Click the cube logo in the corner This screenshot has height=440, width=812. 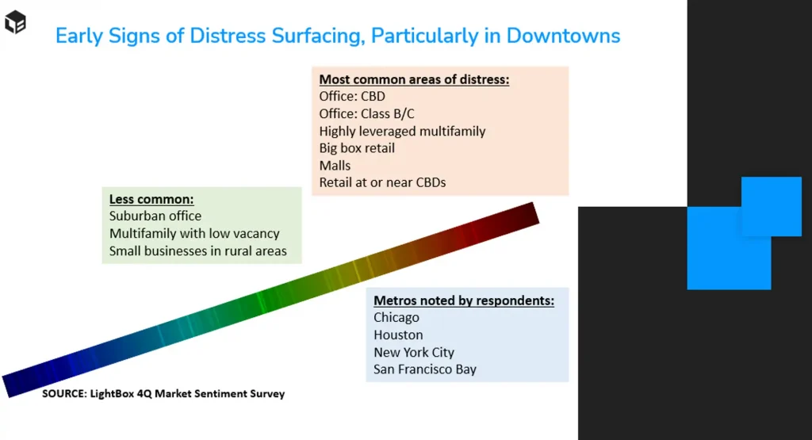15,21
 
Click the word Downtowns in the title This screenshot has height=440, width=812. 563,36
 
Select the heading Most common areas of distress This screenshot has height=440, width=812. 414,79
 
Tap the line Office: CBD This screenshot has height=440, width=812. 352,96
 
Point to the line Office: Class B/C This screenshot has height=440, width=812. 366,113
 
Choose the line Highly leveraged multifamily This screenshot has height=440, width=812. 402,131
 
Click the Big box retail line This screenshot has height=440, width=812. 357,148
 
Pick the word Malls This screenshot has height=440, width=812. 335,165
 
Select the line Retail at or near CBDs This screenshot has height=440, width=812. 382,182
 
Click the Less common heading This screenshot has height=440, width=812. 151,199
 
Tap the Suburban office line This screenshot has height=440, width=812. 155,216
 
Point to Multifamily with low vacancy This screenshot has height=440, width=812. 194,233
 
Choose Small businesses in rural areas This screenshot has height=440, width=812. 197,251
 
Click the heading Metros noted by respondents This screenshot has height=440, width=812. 464,300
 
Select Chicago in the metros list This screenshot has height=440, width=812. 396,317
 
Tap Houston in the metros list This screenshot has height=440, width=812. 398,335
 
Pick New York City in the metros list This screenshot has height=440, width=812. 414,353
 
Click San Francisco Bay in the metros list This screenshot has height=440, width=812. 425,369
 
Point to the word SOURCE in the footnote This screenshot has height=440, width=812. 64,393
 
